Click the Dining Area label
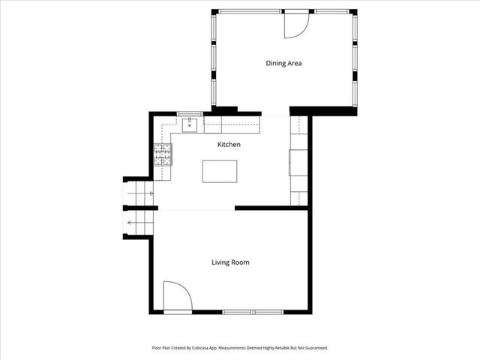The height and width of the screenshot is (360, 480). [283, 63]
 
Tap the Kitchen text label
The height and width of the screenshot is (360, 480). [229, 144]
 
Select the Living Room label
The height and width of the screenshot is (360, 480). [229, 262]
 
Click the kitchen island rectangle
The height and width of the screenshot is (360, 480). [219, 171]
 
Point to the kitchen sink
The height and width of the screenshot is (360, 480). [190, 124]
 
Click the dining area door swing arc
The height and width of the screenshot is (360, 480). [297, 25]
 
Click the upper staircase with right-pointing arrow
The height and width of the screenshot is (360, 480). [139, 193]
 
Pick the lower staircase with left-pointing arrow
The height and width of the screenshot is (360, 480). [139, 223]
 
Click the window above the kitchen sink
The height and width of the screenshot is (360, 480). [190, 113]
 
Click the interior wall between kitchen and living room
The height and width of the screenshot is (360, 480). [270, 208]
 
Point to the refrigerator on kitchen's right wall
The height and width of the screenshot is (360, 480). [298, 162]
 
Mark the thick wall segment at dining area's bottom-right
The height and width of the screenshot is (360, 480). [322, 111]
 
